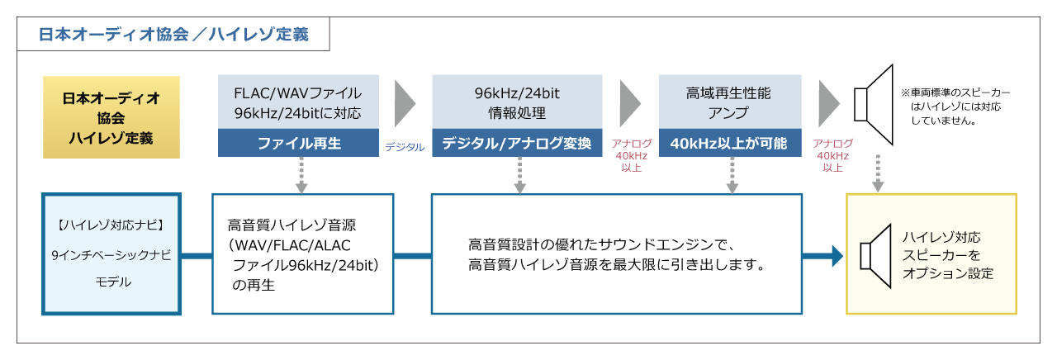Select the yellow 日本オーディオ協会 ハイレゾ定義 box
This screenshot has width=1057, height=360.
click(111, 116)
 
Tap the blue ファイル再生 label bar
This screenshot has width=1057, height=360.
click(298, 144)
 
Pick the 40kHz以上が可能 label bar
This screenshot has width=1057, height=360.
click(729, 144)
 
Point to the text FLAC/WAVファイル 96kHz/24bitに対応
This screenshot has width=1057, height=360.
click(298, 102)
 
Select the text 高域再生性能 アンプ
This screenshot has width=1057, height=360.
click(729, 102)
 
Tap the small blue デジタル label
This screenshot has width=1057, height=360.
click(405, 147)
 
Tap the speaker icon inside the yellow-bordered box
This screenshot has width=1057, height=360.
click(876, 255)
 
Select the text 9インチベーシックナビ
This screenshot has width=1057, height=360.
click(111, 255)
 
